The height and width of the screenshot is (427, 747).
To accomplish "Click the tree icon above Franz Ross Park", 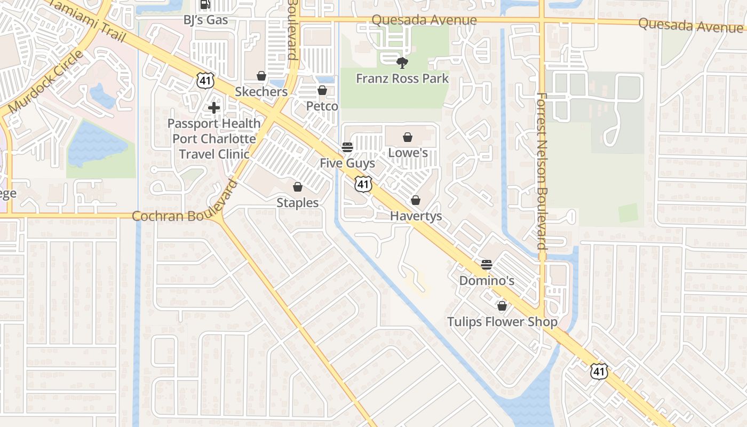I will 402,63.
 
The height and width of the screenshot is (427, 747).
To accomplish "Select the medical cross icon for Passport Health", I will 214,108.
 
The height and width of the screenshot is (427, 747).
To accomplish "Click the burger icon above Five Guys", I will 347,147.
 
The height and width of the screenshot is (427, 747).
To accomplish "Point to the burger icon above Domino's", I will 486,264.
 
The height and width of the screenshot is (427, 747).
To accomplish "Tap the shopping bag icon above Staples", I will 298,187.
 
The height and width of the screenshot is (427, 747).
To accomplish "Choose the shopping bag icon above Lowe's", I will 408,137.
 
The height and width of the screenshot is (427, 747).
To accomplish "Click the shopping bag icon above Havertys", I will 416,200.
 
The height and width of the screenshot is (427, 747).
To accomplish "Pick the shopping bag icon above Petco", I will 322,90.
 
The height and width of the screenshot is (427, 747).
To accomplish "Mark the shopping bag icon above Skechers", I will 261,76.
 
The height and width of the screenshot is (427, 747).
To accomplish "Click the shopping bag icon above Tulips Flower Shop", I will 502,306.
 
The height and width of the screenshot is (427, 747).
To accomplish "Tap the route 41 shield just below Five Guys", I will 363,184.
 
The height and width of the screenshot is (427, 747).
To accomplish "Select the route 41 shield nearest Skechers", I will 204,81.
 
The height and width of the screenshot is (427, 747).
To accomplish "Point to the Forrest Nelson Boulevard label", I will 542,171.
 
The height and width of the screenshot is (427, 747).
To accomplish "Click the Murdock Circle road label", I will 46,81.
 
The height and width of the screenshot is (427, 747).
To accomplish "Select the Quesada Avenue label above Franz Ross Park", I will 424,20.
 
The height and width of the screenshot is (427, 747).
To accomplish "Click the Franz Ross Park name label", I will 402,79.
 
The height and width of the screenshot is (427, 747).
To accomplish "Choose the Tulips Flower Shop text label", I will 502,322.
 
